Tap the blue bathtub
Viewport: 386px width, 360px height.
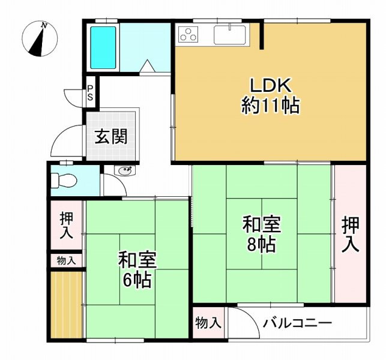pyautogui.click(x=103, y=47)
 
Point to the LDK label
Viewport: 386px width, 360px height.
pyautogui.click(x=270, y=86)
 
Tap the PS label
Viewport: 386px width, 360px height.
pyautogui.click(x=89, y=92)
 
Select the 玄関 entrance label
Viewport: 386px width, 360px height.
pyautogui.click(x=112, y=137)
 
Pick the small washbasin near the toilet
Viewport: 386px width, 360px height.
pyautogui.click(x=125, y=171)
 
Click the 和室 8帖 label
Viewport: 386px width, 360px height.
pyautogui.click(x=261, y=234)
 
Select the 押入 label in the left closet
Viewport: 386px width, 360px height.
pyautogui.click(x=66, y=224)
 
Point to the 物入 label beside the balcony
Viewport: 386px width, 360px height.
pyautogui.click(x=208, y=323)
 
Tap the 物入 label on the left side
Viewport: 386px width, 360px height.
pyautogui.click(x=66, y=260)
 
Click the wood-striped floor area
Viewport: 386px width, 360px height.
pyautogui.click(x=66, y=305)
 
